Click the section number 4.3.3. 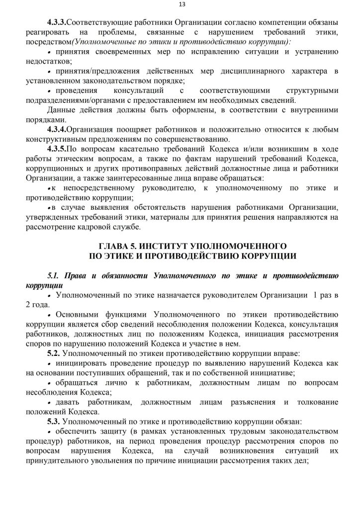click(56, 23)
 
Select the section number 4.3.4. click(56, 129)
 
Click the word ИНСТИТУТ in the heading click(167, 246)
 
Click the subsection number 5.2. click(54, 352)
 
